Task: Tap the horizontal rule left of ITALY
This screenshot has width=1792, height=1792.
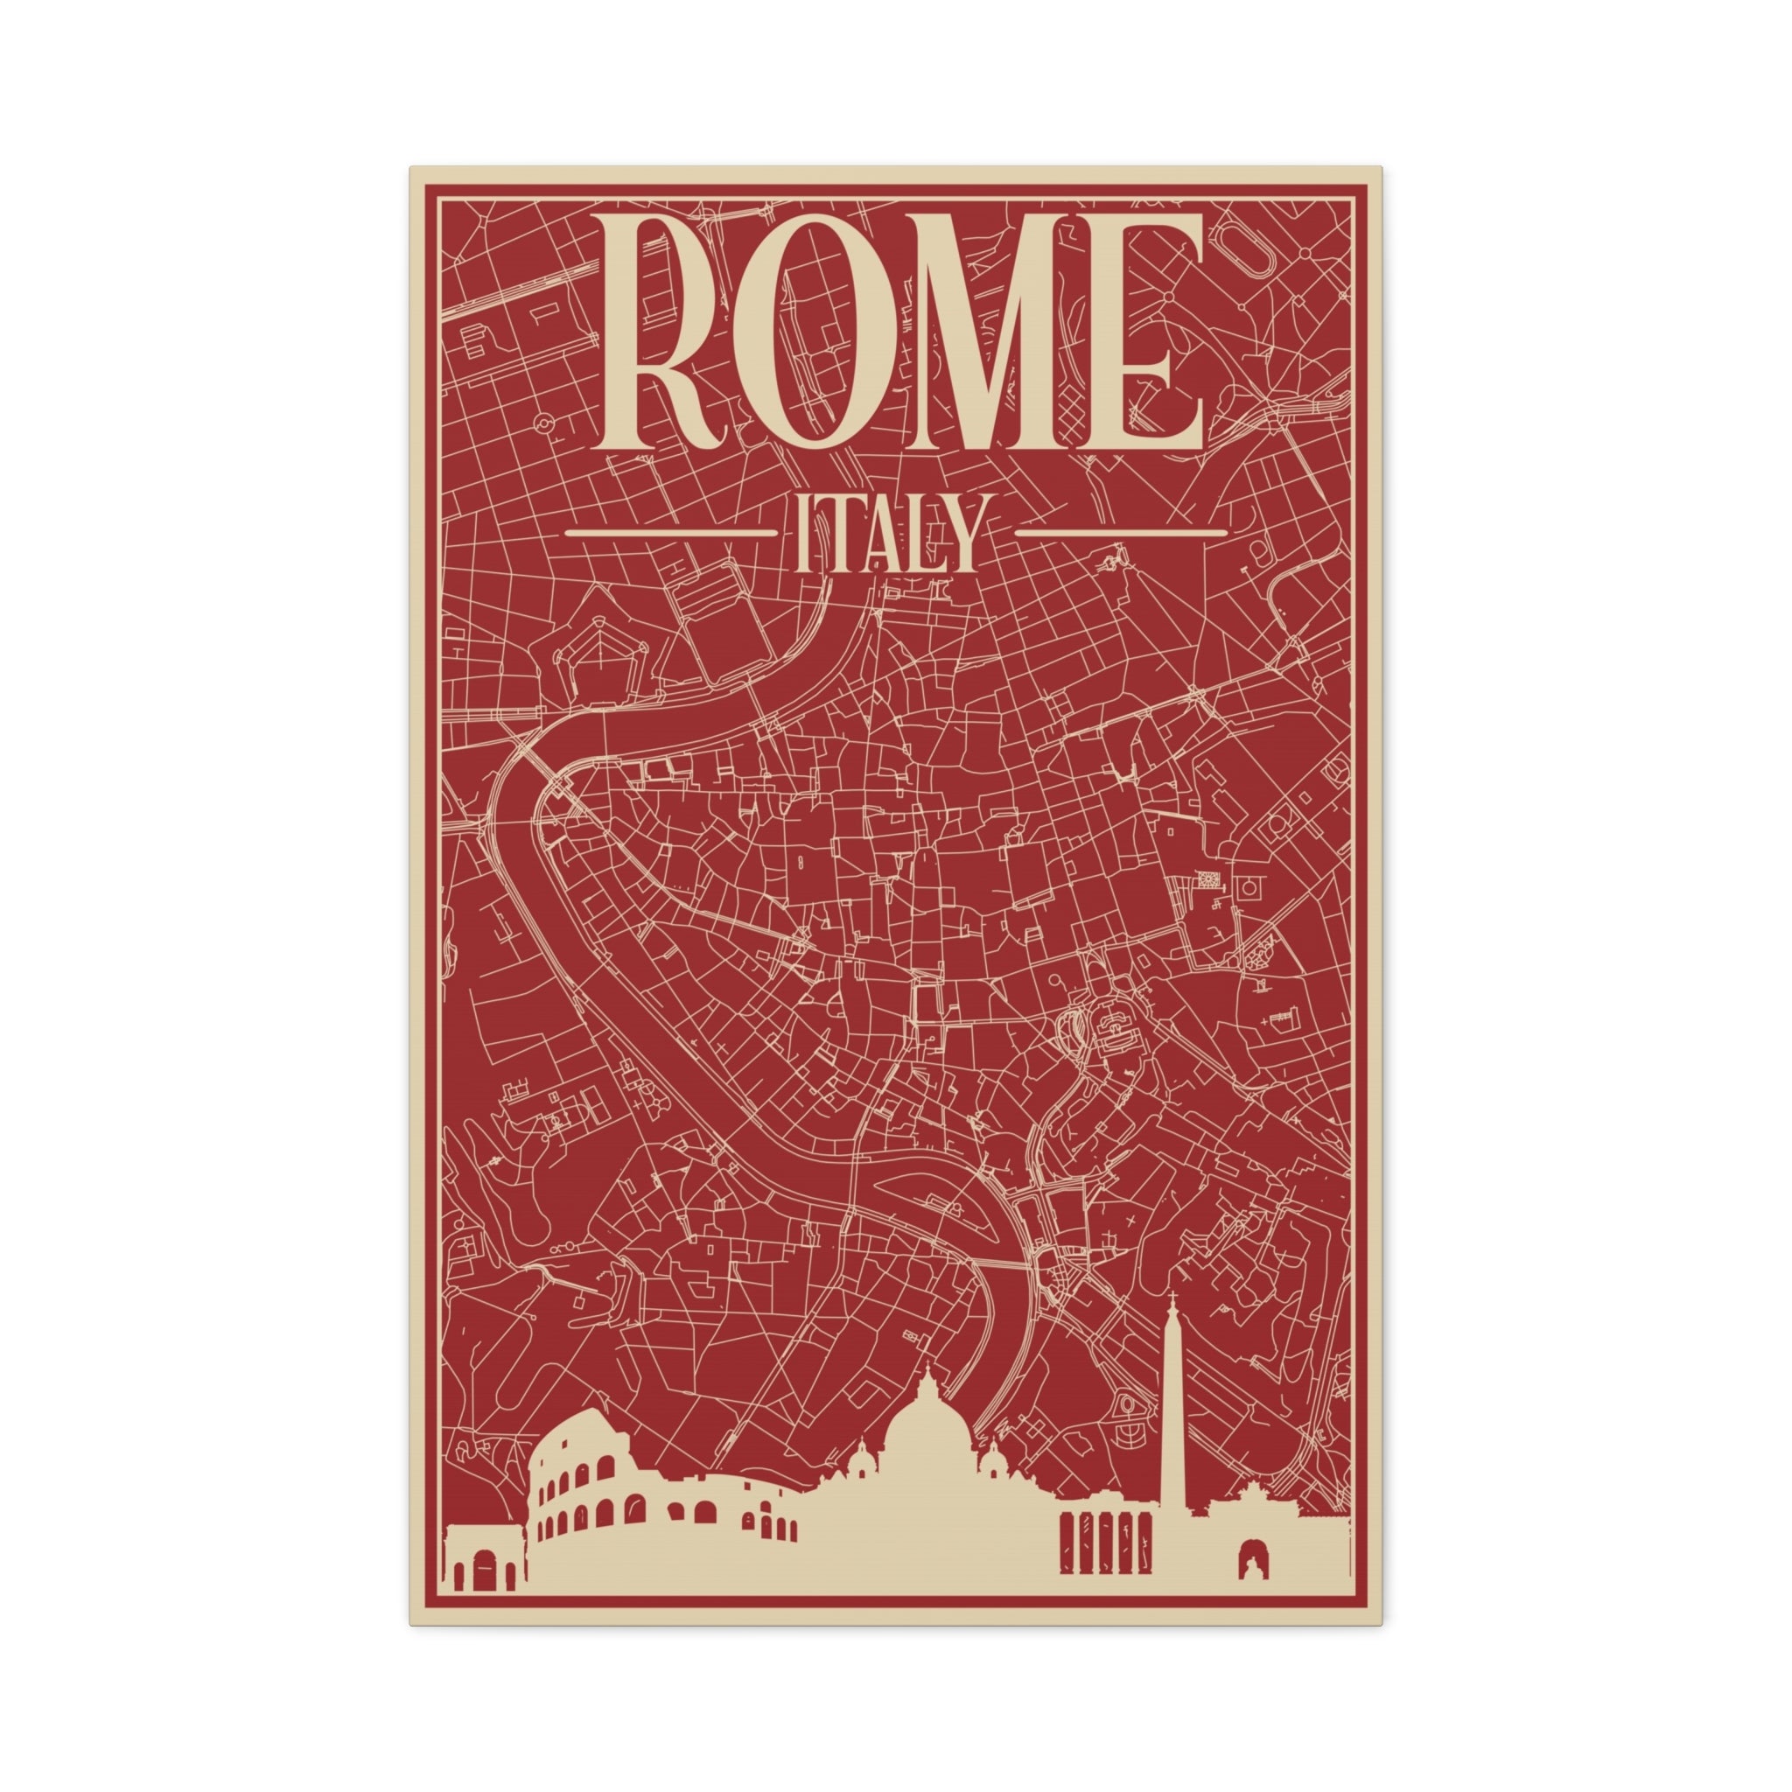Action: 669,534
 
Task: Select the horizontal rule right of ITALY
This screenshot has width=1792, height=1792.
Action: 1121,534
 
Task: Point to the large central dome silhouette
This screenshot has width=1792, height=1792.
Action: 927,1433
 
